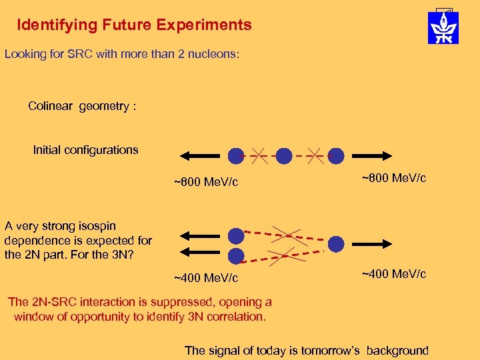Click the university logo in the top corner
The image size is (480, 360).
coord(443,27)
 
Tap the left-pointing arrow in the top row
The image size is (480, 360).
coord(200,156)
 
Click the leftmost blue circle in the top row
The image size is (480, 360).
coord(236,156)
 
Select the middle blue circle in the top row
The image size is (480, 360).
coord(285,156)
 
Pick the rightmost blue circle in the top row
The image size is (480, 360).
coord(336,156)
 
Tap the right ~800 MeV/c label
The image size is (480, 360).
coord(394,178)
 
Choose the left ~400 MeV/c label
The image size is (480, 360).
coord(206,277)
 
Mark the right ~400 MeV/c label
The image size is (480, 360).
coord(394,273)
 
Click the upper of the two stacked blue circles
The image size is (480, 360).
coord(236,235)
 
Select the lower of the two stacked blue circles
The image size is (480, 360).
coord(236,255)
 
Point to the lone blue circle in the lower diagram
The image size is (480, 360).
coord(336,244)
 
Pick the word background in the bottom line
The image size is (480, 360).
coord(394,351)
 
